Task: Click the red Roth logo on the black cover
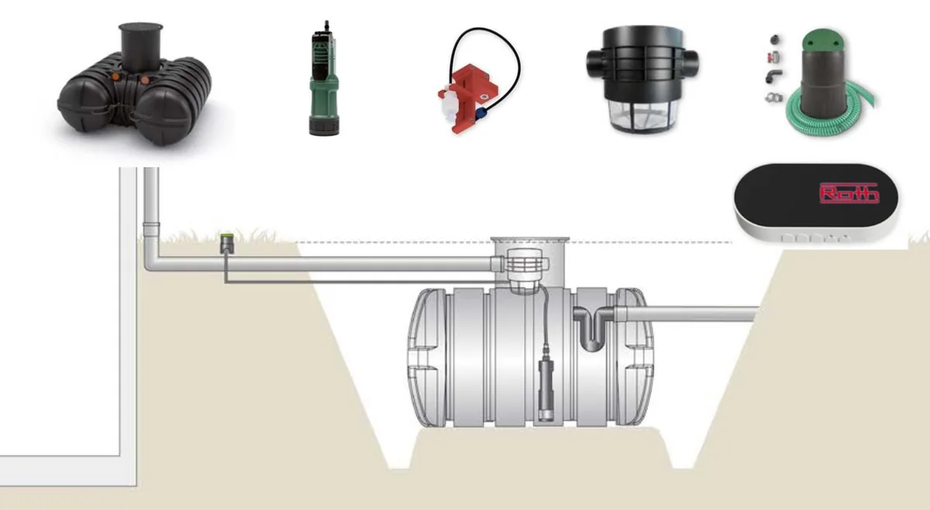click(x=849, y=193)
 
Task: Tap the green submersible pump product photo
click(x=324, y=79)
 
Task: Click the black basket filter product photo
click(x=642, y=79)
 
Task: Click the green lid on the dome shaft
click(x=823, y=39)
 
